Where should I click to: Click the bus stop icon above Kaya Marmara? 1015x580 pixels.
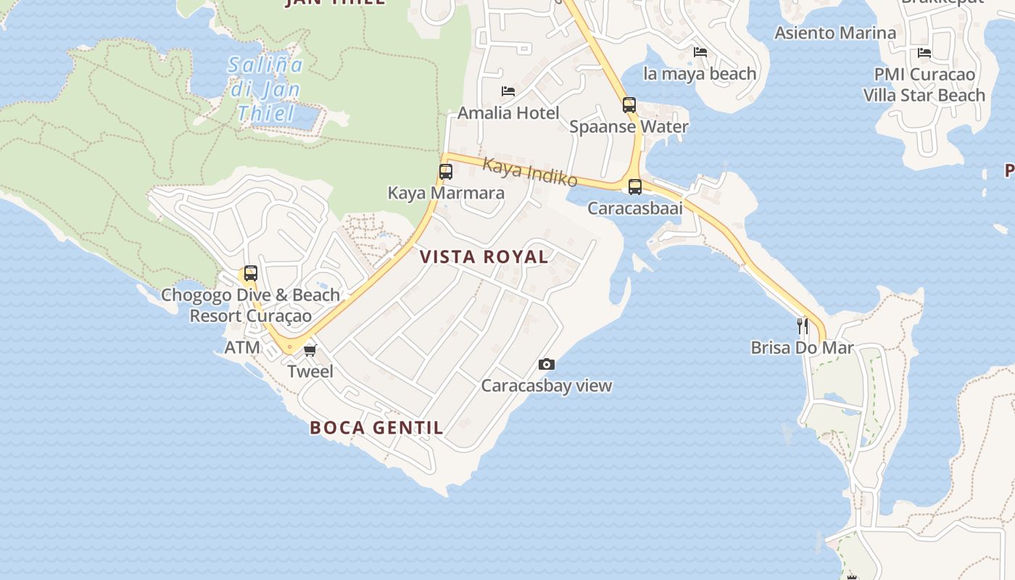click(x=445, y=172)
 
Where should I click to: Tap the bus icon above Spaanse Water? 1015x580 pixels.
click(x=629, y=105)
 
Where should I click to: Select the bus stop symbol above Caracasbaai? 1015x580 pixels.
click(x=635, y=187)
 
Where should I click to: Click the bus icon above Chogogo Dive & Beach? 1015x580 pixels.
click(x=250, y=273)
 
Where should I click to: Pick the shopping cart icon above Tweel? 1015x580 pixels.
click(x=310, y=351)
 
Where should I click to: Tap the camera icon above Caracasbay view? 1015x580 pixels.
click(x=547, y=364)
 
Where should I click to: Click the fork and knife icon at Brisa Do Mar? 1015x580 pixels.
click(x=802, y=326)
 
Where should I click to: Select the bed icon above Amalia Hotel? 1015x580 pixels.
click(x=508, y=91)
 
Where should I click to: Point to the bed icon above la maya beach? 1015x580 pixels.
click(x=700, y=52)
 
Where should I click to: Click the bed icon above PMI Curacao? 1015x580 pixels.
click(x=924, y=53)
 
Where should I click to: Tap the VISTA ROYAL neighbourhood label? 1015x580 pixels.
click(x=484, y=257)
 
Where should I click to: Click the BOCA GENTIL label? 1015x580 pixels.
click(x=376, y=428)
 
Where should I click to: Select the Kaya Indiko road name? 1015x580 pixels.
click(x=530, y=173)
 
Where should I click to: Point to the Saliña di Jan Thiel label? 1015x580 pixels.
click(x=265, y=89)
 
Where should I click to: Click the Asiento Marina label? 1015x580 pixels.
click(x=835, y=33)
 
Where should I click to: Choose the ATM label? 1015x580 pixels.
click(x=242, y=347)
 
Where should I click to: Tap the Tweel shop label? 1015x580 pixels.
click(x=310, y=372)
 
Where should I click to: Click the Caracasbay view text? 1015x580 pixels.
click(x=547, y=386)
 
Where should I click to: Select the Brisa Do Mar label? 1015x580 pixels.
click(x=802, y=348)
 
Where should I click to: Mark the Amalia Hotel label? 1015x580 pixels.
click(x=508, y=113)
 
